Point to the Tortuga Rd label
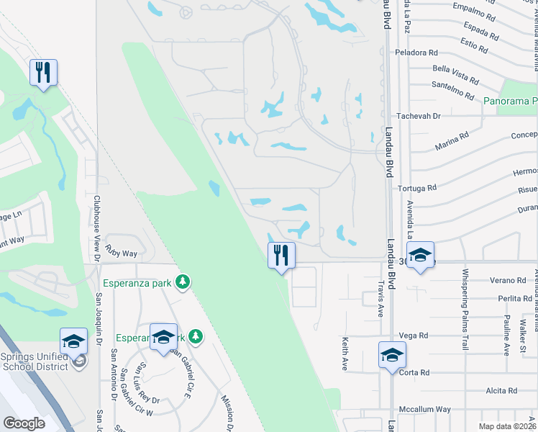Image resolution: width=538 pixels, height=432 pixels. tap(417, 188)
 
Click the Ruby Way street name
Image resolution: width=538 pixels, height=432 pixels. tap(121, 253)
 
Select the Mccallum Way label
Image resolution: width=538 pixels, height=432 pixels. tap(424, 409)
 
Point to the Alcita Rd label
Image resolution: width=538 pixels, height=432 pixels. tap(497, 390)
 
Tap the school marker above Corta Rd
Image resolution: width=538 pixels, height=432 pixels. tap(392, 354)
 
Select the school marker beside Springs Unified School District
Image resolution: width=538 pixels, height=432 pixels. tap(73, 341)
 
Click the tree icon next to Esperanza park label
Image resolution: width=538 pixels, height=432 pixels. tap(183, 282)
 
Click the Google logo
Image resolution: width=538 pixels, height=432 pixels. tap(24, 423)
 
